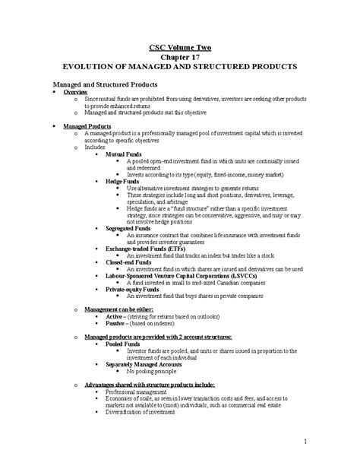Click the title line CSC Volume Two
pyautogui.click(x=179, y=46)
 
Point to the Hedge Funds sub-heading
pyautogui.click(x=122, y=181)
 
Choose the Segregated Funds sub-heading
pyautogui.click(x=128, y=228)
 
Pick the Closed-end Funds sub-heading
pyautogui.click(x=128, y=262)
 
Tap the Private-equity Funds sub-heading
pyautogui.click(x=131, y=289)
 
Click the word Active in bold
pyautogui.click(x=115, y=316)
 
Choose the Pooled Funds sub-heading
pyautogui.click(x=123, y=344)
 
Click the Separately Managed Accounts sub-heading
pyautogui.click(x=145, y=363)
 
